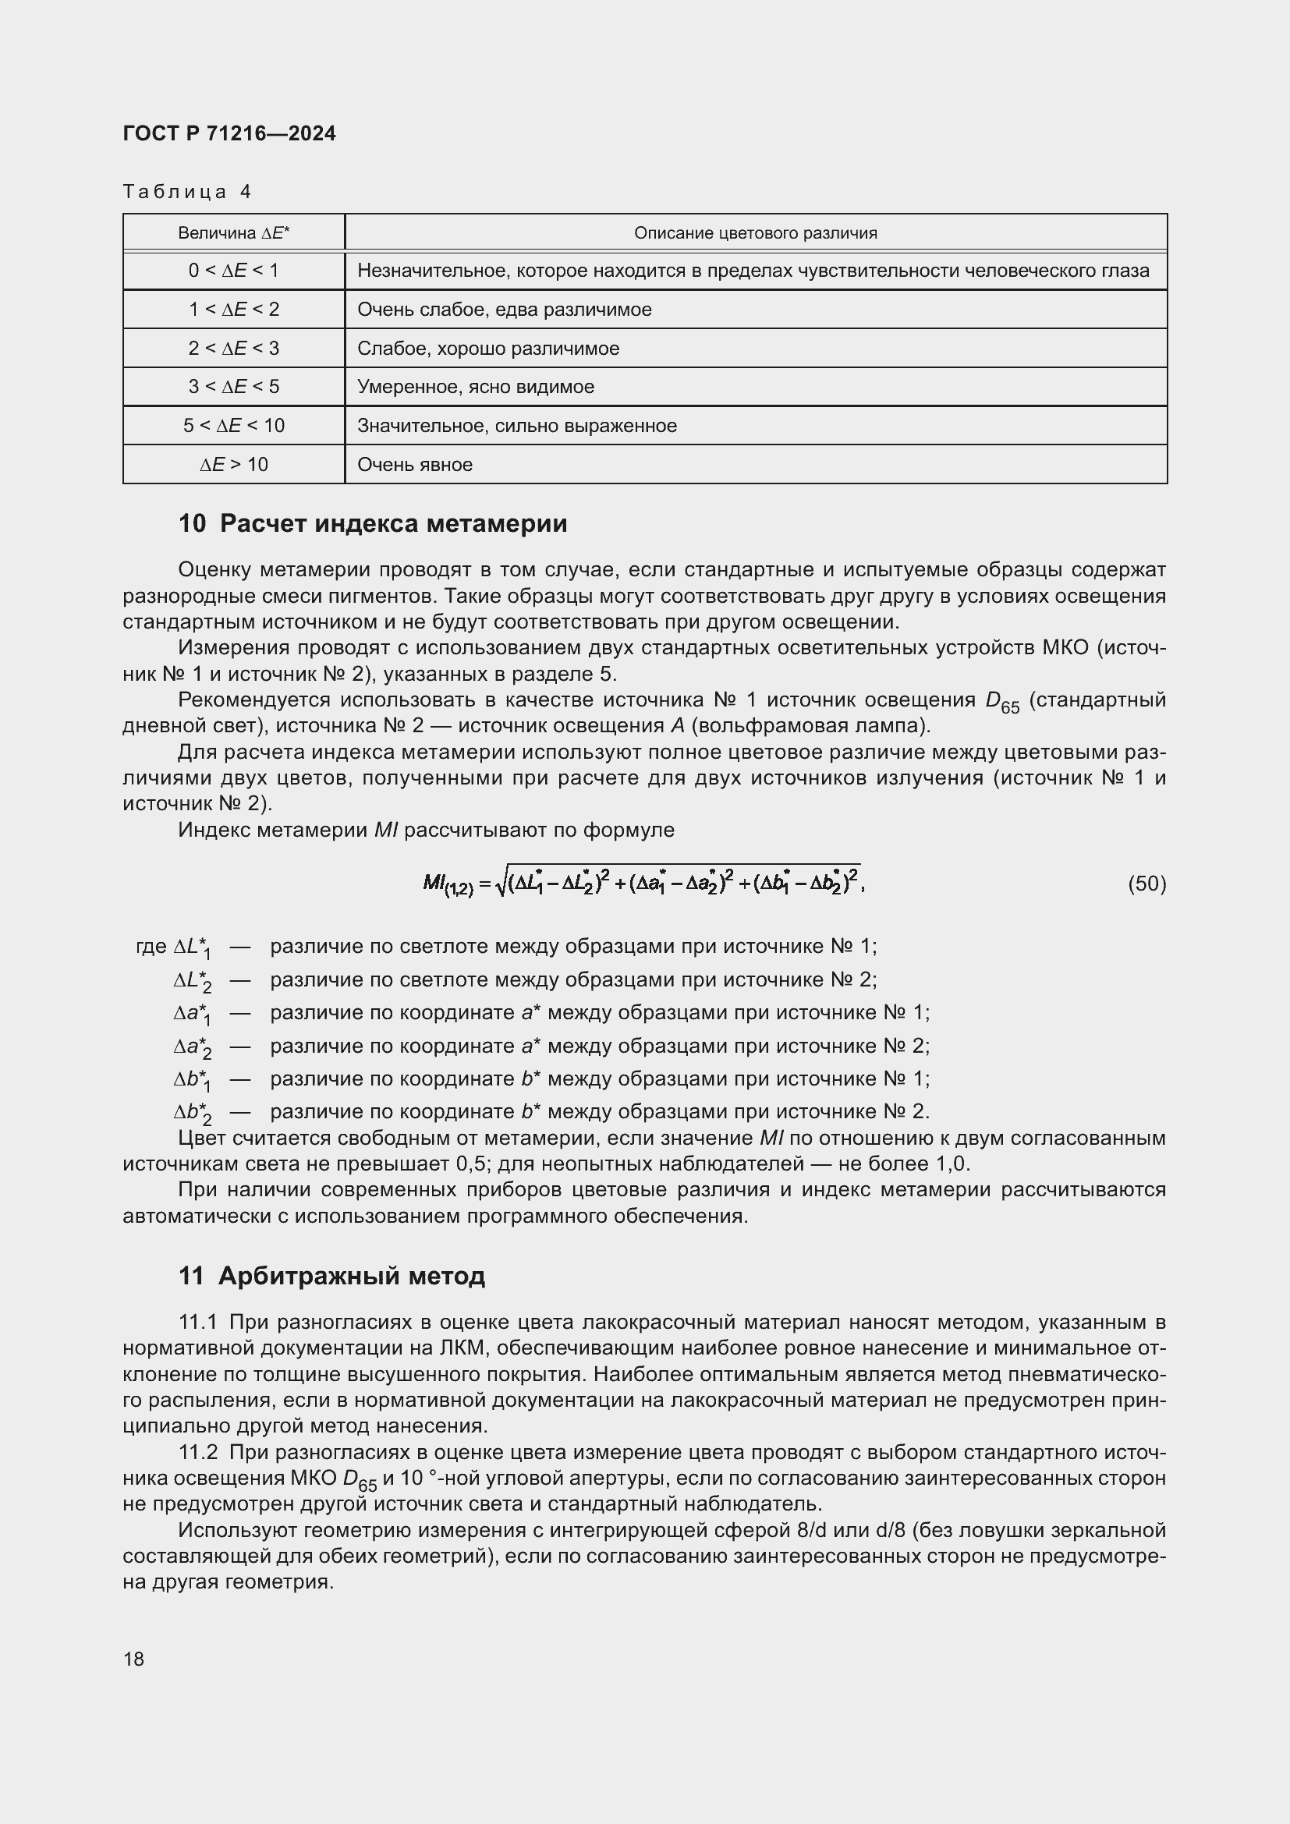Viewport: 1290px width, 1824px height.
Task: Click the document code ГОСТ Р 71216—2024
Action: (x=229, y=133)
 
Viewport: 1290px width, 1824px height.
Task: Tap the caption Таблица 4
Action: (x=186, y=192)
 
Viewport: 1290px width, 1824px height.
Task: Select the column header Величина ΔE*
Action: (x=233, y=232)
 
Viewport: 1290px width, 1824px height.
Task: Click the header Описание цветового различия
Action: (x=755, y=232)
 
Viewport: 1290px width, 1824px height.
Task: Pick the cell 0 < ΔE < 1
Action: (x=233, y=271)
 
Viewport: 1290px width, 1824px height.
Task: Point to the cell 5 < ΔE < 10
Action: (x=233, y=426)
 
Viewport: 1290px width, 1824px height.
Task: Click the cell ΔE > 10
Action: (x=233, y=465)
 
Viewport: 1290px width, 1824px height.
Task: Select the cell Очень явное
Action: (x=415, y=465)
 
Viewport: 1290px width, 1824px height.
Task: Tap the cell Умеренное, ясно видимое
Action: (x=475, y=387)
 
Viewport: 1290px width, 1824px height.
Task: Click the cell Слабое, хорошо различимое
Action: (x=487, y=349)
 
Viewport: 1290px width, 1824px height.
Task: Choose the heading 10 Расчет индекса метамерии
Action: (x=373, y=523)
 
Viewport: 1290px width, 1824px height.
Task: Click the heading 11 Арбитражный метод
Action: (x=331, y=1276)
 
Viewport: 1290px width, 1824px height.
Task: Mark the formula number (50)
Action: (x=1146, y=884)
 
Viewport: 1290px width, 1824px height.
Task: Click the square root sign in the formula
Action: (x=501, y=884)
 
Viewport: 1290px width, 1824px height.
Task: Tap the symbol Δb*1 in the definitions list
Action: (x=192, y=1080)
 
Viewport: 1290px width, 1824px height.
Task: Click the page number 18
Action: (x=133, y=1659)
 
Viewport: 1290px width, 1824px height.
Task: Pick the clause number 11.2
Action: (x=198, y=1452)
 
